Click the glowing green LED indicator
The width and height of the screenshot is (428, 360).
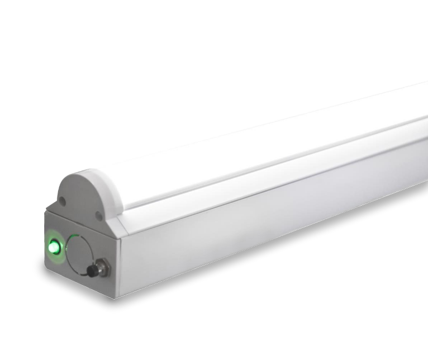54,245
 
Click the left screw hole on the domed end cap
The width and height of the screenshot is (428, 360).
63,198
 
